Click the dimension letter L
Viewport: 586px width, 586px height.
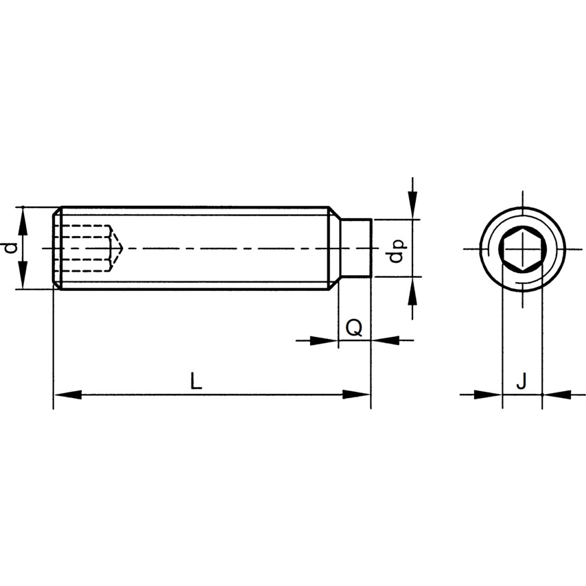pos(196,380)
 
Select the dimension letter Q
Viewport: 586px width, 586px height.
pos(354,329)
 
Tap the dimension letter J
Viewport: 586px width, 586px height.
pos(521,381)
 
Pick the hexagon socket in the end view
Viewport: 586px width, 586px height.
pos(523,248)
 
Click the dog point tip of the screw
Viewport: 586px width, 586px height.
pos(355,248)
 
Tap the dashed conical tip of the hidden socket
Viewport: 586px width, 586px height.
pos(117,248)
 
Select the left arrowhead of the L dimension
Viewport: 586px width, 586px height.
pos(68,395)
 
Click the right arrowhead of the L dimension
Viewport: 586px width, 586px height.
pos(357,395)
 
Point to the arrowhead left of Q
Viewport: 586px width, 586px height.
pos(324,340)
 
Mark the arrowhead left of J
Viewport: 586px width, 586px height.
pos(489,395)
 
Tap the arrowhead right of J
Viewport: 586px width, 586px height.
pos(557,395)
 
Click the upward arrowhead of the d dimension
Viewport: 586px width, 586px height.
pos(23,221)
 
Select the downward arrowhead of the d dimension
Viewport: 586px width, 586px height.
pos(23,275)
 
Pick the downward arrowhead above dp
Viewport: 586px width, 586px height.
pos(412,204)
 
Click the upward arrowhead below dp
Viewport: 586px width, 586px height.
pos(412,291)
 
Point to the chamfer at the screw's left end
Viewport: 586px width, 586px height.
pos(57,248)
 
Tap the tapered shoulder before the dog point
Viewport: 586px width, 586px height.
pos(333,248)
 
